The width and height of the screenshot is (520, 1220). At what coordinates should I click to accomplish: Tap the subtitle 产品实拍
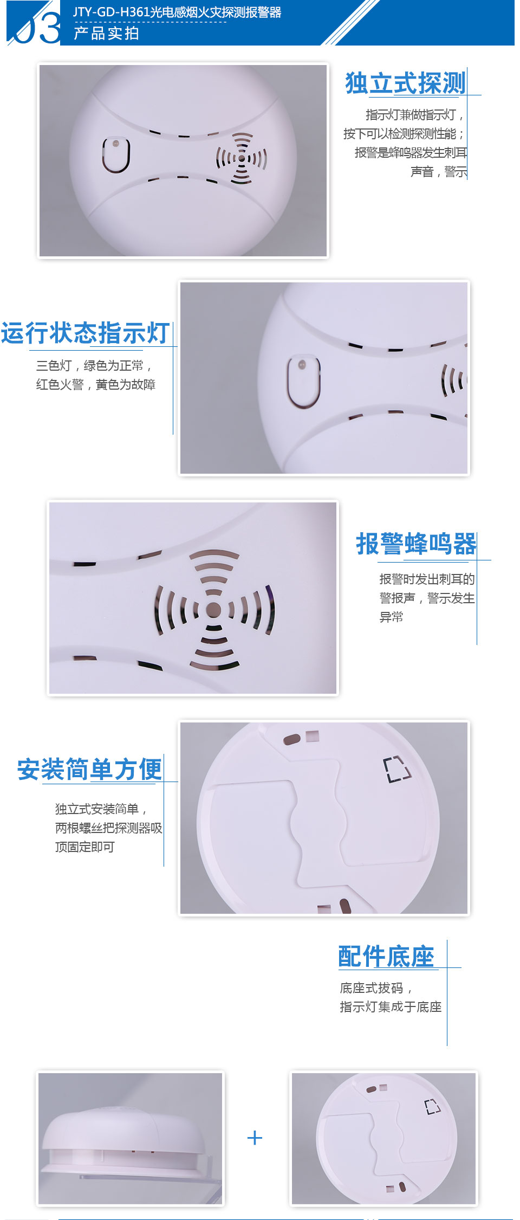click(x=107, y=34)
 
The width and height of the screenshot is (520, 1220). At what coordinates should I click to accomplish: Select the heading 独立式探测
click(x=405, y=83)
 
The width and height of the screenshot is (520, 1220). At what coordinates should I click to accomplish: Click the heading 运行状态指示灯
click(x=85, y=333)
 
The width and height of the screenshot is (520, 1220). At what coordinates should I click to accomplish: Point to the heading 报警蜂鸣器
click(x=416, y=544)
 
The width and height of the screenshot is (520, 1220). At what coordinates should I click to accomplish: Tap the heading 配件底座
click(x=386, y=957)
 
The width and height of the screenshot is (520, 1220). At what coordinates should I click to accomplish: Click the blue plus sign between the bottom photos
click(x=255, y=1138)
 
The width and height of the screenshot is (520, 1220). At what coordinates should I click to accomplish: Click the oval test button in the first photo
click(x=116, y=155)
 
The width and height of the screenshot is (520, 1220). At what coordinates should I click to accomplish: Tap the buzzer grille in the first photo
click(x=242, y=158)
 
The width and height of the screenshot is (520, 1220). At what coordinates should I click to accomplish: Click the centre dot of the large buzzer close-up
click(x=214, y=610)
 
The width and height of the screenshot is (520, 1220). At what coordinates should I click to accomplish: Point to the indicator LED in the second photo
click(x=302, y=364)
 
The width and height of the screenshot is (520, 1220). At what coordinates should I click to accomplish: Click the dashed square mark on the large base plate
click(x=397, y=769)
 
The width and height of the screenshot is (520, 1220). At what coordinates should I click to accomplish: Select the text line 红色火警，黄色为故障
click(x=96, y=384)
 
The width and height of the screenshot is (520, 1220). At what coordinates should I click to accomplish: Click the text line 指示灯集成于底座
click(x=391, y=1006)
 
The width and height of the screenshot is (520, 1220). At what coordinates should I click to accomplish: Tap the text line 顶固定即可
click(x=84, y=847)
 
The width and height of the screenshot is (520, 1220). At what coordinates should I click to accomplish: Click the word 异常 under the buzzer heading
click(x=391, y=617)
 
